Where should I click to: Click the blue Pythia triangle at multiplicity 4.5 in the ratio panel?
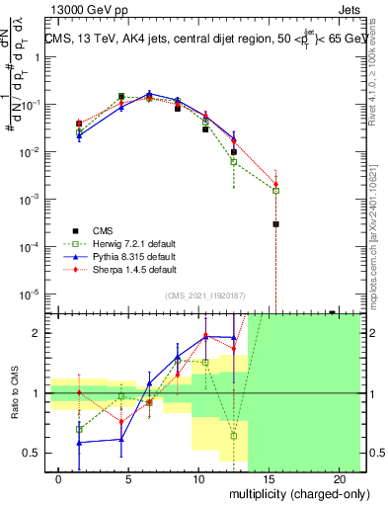pos(121,439)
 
